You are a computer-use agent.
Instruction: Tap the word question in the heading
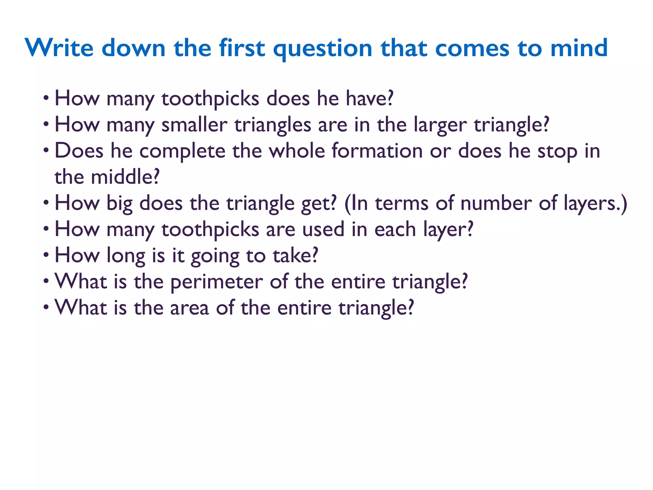coord(322,48)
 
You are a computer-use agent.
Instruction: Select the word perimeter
coord(216,282)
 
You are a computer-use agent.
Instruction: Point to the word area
coord(189,308)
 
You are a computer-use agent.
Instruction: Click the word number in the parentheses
coord(496,203)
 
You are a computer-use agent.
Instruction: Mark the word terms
coord(401,203)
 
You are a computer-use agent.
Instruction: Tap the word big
coord(119,204)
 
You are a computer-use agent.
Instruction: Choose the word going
coord(215,256)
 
